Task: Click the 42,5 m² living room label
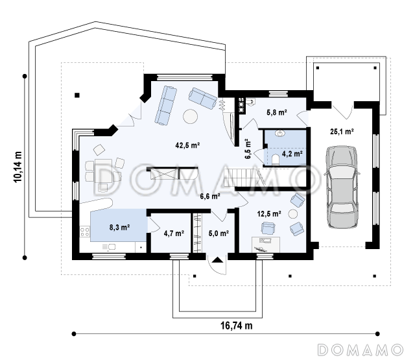point(187,145)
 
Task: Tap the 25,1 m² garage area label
point(342,131)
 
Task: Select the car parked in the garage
point(342,187)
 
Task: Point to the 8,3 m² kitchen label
point(119,227)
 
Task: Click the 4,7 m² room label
point(174,234)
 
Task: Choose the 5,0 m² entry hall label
point(219,234)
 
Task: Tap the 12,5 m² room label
point(269,213)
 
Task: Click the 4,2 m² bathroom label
point(292,154)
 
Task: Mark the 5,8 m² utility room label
point(277,112)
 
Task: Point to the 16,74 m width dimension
point(236,326)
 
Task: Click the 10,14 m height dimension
point(18,167)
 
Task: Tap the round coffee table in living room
point(190,116)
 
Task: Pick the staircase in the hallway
point(244,178)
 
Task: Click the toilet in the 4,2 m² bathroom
point(276,160)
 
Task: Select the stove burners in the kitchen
point(85,232)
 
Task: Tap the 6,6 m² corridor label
point(210,196)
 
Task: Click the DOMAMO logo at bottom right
point(361,350)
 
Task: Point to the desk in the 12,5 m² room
point(265,245)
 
